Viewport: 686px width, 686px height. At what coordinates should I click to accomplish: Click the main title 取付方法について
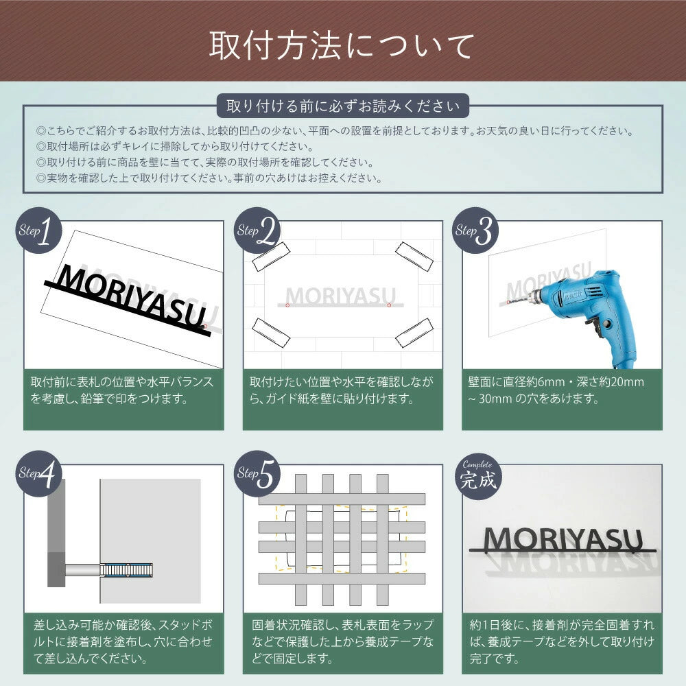pyautogui.click(x=342, y=46)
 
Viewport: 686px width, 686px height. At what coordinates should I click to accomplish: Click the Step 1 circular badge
pyautogui.click(x=38, y=231)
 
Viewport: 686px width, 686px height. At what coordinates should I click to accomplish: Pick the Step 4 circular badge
pyautogui.click(x=38, y=474)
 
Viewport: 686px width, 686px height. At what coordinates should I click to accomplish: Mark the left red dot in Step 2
pyautogui.click(x=288, y=304)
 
